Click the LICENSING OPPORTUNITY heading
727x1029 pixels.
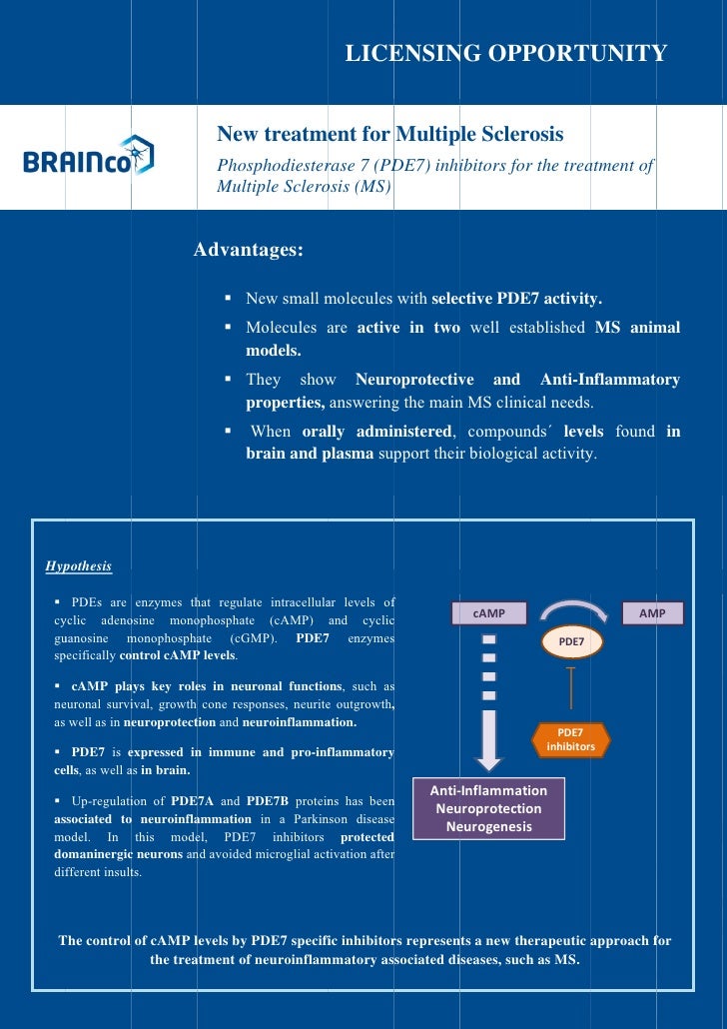(505, 53)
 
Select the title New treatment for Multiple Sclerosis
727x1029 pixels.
(390, 134)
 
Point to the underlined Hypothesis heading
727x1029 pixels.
(79, 566)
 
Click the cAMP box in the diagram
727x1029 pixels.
(489, 613)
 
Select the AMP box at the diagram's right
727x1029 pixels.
(652, 613)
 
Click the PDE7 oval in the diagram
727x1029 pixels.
(571, 642)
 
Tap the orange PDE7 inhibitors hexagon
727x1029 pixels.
(571, 739)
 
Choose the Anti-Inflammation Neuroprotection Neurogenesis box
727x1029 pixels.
(488, 808)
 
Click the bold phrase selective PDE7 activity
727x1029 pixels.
(516, 299)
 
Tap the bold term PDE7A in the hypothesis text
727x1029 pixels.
(191, 801)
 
